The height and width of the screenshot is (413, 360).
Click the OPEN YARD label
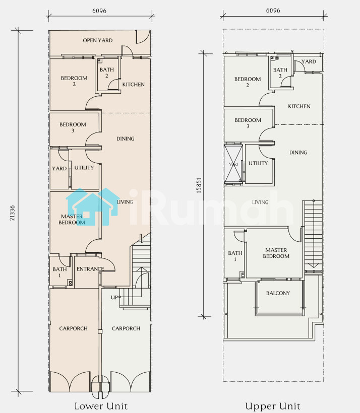[98, 40]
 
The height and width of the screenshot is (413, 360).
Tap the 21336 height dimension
[13, 213]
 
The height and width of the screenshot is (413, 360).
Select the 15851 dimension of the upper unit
[199, 185]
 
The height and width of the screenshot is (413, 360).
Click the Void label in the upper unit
[233, 164]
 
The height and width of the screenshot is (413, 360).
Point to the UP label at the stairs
[114, 297]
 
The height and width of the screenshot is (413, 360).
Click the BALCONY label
[278, 293]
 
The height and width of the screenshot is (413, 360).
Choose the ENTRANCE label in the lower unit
[90, 269]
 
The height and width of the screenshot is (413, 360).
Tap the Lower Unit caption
[101, 406]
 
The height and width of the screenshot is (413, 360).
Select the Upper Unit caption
[273, 406]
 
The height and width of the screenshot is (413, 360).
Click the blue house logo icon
[92, 207]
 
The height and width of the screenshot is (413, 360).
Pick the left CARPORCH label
[73, 328]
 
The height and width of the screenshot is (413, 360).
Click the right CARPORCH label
[126, 328]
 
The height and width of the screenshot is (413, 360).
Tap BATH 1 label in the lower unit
[59, 272]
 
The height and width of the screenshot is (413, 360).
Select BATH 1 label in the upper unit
[235, 256]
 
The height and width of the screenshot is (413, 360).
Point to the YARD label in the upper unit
[309, 61]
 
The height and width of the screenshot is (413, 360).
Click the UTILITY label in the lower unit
[84, 168]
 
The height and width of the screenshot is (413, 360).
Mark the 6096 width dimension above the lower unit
[99, 11]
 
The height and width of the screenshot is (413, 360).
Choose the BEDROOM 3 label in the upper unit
[248, 123]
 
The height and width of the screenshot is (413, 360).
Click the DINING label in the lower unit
[125, 139]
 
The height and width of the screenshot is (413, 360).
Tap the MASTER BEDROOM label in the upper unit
[276, 253]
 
